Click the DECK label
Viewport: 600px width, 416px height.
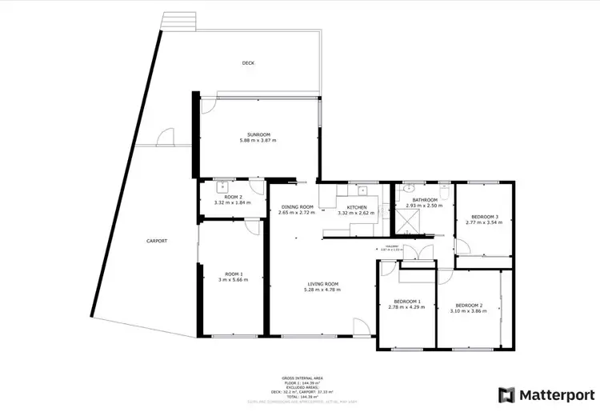pyautogui.click(x=249, y=62)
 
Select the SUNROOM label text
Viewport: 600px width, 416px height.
pyautogui.click(x=258, y=134)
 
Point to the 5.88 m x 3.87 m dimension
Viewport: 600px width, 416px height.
pyautogui.click(x=258, y=141)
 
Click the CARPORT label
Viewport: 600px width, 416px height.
pyautogui.click(x=156, y=241)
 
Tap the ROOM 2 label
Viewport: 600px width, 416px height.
pyautogui.click(x=232, y=196)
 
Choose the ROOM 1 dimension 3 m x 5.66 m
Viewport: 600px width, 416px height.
pyautogui.click(x=234, y=280)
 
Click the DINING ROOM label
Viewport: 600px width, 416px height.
pyautogui.click(x=296, y=206)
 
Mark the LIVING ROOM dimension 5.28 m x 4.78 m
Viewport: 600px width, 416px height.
pyautogui.click(x=322, y=290)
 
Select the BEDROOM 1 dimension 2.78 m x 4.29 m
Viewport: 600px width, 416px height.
pyautogui.click(x=406, y=308)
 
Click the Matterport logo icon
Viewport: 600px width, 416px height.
pyautogui.click(x=506, y=394)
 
